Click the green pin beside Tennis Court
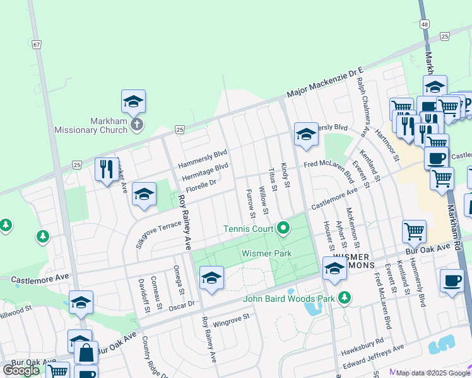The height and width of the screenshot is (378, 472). (x=283, y=227)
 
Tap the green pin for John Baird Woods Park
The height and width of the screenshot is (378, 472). (x=345, y=296)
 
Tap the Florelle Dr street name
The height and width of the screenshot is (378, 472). (x=200, y=182)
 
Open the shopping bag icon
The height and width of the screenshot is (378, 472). (x=86, y=352)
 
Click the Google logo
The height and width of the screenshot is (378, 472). (x=21, y=370)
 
